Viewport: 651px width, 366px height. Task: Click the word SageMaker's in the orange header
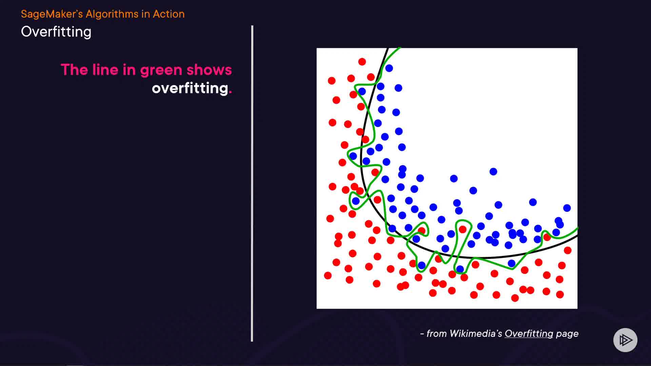tap(52, 14)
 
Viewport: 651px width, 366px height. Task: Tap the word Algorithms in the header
tap(112, 14)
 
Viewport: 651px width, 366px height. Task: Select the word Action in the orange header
tap(169, 14)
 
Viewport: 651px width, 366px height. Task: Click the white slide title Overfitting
tap(56, 32)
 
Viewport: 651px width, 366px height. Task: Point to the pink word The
tap(75, 69)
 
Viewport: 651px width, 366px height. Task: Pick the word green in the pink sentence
tap(161, 70)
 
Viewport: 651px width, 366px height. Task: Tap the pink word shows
tap(209, 69)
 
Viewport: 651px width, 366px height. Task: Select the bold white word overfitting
tap(190, 88)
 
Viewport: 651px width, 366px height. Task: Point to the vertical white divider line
tap(252, 183)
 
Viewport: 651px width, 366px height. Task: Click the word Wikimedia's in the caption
tap(476, 334)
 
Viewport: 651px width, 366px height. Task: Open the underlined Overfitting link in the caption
tap(529, 334)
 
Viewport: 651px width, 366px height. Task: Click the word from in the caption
tap(437, 334)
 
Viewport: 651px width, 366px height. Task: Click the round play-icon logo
tap(625, 340)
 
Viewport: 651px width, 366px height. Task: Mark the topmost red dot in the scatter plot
tap(362, 62)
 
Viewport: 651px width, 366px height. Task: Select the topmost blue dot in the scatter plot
tap(389, 68)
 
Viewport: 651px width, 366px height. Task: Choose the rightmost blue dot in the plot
tap(567, 208)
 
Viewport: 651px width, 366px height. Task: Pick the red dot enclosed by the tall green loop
tap(462, 229)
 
